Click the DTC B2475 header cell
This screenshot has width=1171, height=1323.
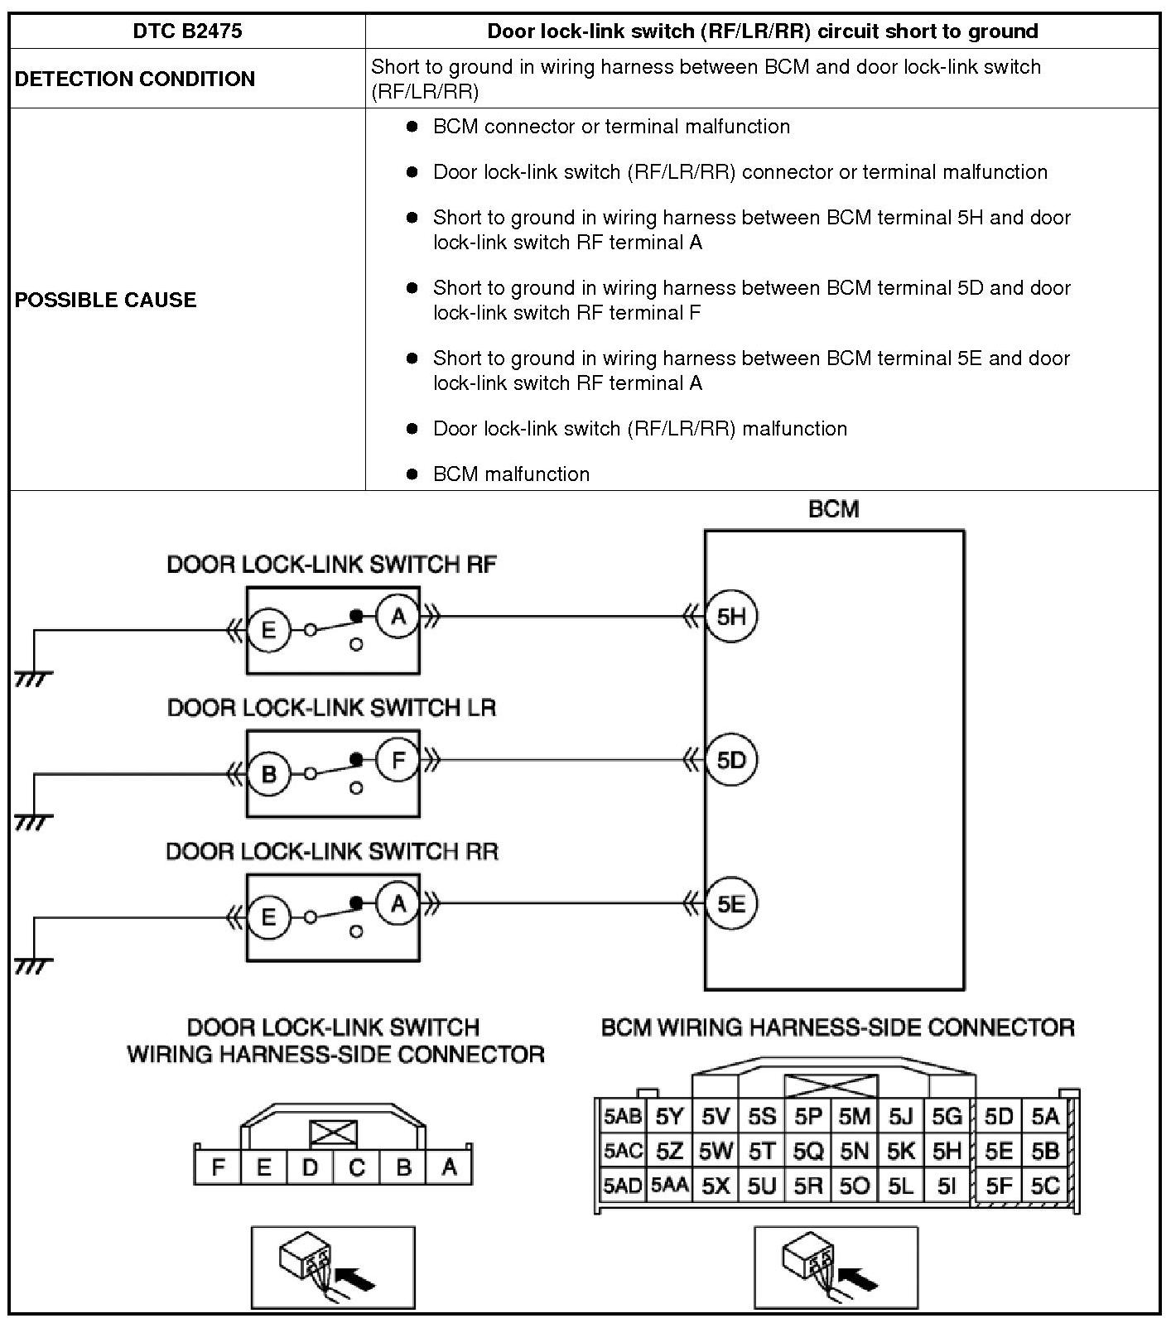click(187, 31)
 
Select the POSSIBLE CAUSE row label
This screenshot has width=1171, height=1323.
click(106, 300)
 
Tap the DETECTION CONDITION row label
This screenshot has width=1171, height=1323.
click(135, 79)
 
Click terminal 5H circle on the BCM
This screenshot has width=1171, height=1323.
click(731, 617)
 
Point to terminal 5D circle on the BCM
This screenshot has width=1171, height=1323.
click(731, 760)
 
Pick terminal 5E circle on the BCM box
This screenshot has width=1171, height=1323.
click(731, 903)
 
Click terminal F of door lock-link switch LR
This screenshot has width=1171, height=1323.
click(398, 759)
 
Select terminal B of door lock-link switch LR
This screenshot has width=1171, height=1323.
click(268, 774)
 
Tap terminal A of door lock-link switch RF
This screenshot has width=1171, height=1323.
click(398, 616)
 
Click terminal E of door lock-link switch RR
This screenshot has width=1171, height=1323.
click(268, 917)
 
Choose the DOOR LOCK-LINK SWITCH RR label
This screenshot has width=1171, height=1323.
click(332, 851)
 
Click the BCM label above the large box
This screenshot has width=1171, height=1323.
click(833, 509)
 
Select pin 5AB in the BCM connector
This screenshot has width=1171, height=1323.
click(623, 1117)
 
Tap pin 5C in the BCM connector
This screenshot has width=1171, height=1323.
click(1045, 1186)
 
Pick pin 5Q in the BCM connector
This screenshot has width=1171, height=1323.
click(808, 1152)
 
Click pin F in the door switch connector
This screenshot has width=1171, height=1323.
click(218, 1167)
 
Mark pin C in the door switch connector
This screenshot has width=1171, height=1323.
click(357, 1167)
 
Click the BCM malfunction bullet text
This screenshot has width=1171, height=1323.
click(511, 474)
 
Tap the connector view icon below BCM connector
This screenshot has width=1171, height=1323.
click(836, 1267)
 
